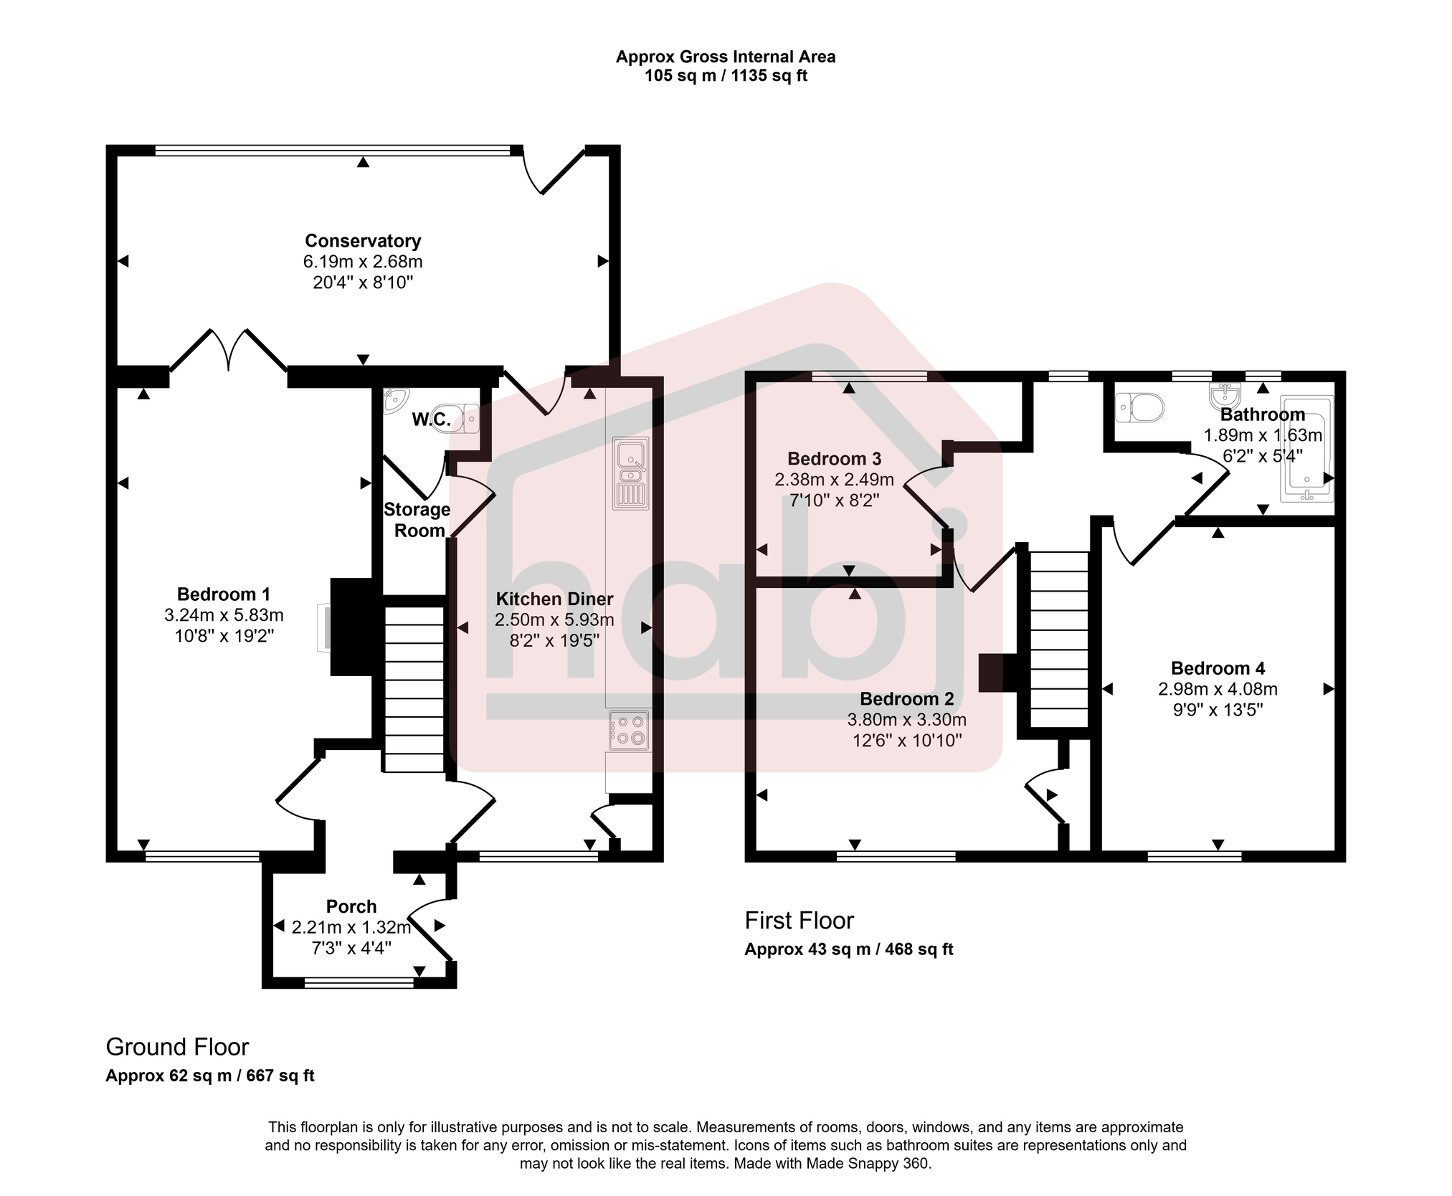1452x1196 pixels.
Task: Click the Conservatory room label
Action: [x=363, y=241]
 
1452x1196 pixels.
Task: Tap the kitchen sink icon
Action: [x=630, y=473]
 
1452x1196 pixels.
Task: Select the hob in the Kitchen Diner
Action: [x=630, y=731]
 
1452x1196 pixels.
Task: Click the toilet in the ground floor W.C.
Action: [x=467, y=417]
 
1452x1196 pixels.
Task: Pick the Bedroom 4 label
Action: [x=1218, y=668]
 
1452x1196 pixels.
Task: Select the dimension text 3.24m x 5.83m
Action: [x=224, y=615]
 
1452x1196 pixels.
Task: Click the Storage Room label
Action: [x=417, y=520]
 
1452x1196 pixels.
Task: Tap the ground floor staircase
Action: [x=414, y=689]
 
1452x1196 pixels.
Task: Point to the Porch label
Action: [x=351, y=906]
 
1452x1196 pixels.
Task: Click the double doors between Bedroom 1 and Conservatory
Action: [x=229, y=351]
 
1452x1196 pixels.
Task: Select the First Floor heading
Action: [x=799, y=920]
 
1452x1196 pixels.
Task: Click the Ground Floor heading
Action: [x=177, y=1047]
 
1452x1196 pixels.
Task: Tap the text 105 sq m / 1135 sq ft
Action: [x=726, y=76]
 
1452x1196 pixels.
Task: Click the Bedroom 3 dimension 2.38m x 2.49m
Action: [x=834, y=480]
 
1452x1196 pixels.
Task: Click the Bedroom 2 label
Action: [x=907, y=698]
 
